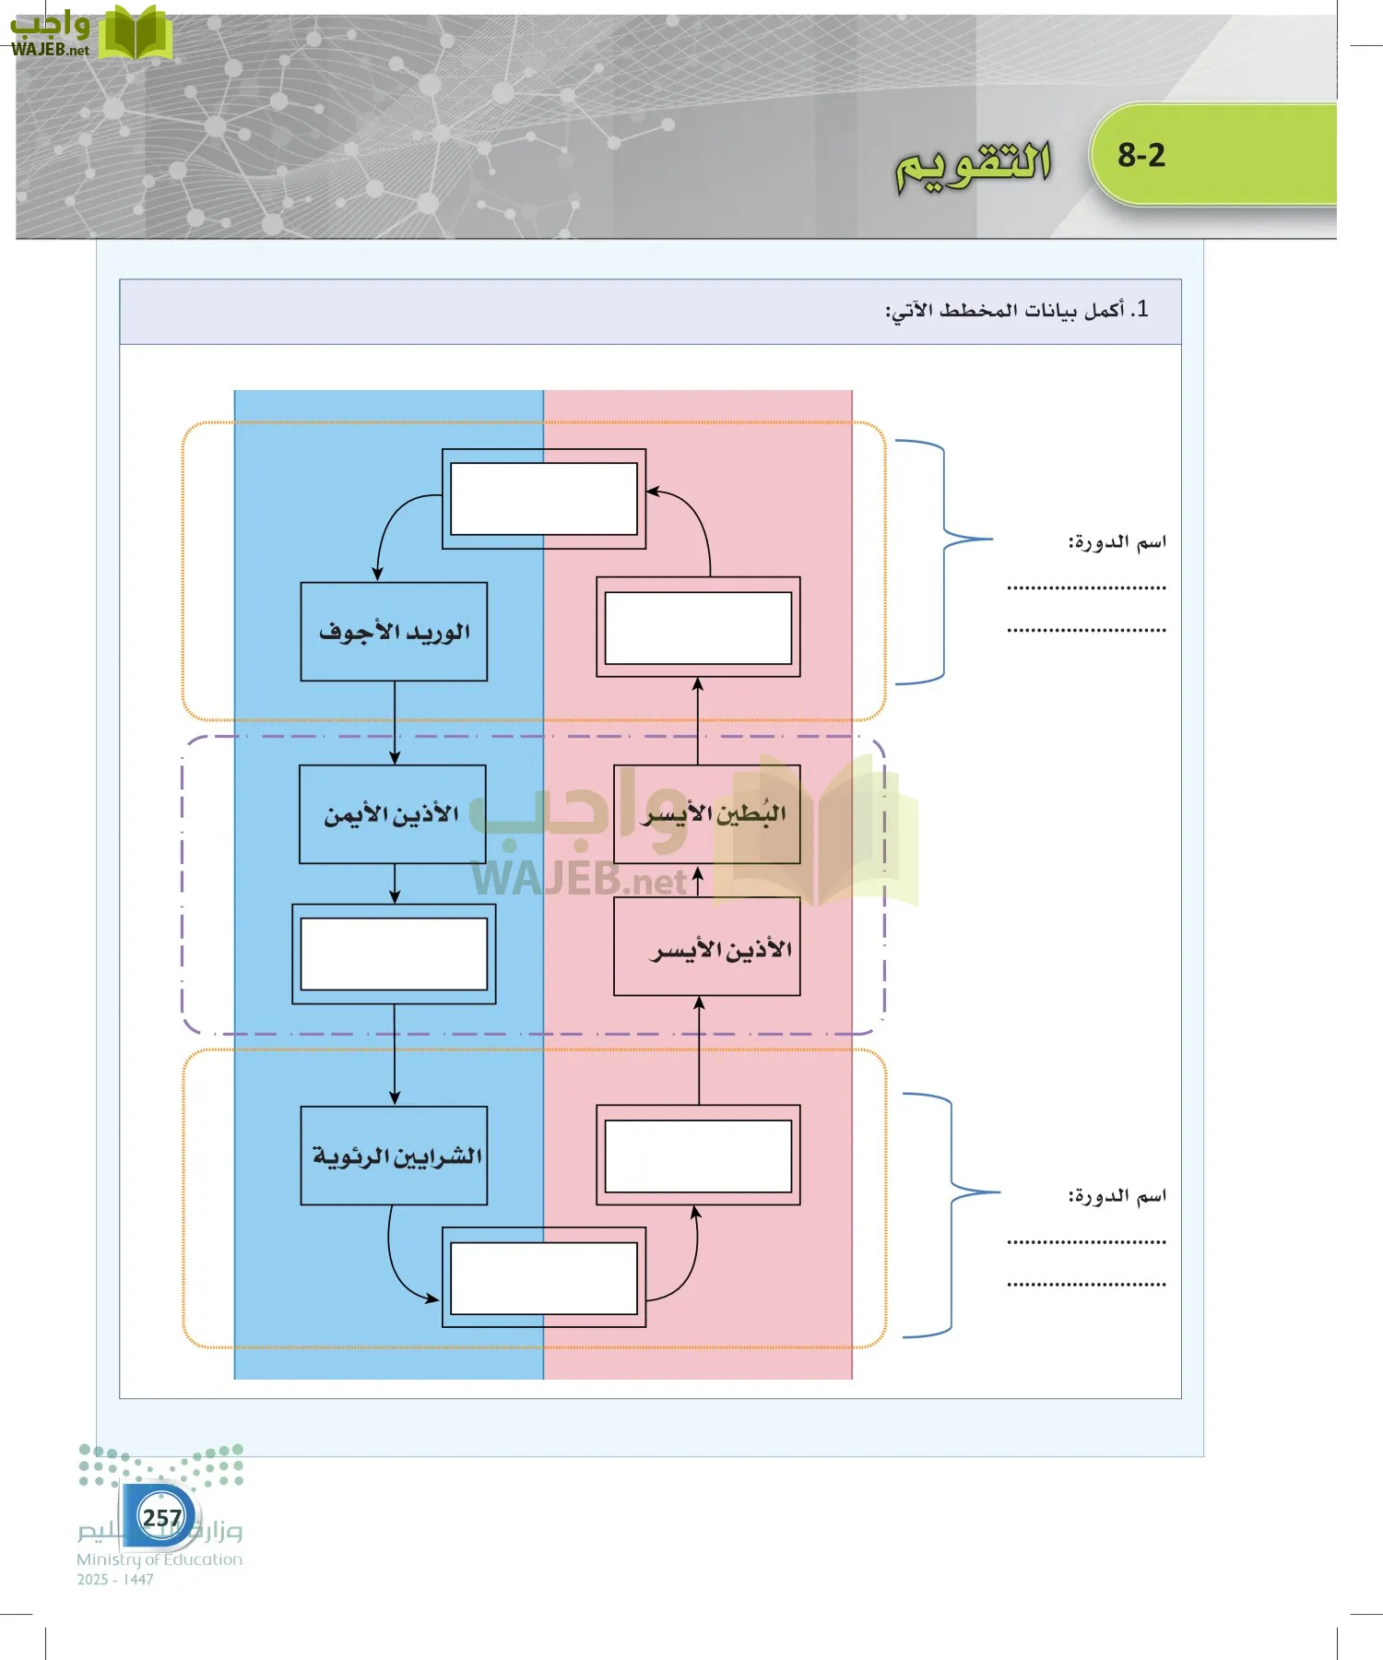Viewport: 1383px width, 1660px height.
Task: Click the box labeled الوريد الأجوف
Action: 394,632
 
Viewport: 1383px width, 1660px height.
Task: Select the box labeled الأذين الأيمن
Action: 393,814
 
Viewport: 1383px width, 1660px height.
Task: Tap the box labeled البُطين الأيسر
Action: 707,814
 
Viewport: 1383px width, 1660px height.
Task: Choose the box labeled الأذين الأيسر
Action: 707,948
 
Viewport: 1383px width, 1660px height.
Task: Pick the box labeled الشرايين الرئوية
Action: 394,1156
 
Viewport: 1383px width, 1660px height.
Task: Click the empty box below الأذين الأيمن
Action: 394,954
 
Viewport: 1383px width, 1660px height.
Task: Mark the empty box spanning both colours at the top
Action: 544,499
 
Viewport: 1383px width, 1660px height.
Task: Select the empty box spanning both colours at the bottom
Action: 544,1277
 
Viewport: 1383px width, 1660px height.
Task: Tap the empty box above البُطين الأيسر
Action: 698,627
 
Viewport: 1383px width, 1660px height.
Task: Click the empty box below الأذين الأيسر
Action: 698,1156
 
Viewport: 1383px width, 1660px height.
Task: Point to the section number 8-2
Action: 1141,155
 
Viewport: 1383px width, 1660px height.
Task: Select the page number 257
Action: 161,1517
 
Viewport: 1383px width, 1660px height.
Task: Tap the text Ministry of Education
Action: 160,1559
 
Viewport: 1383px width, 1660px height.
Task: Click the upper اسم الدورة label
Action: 1117,542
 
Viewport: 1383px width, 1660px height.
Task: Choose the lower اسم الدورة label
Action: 1117,1196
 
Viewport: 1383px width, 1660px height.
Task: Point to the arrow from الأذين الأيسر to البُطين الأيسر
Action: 698,881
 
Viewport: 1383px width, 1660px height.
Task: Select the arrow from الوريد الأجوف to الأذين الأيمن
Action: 395,724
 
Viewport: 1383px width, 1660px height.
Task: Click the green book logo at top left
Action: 135,33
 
